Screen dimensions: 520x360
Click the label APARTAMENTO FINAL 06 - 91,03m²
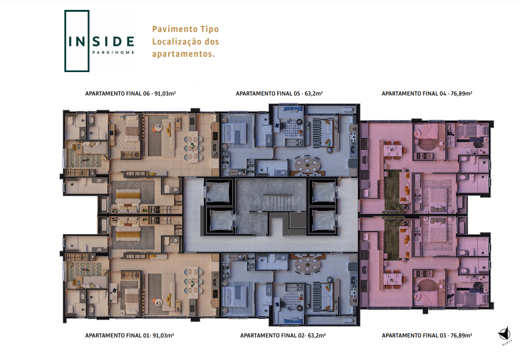point(130,94)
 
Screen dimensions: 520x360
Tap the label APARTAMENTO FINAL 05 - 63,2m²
point(279,94)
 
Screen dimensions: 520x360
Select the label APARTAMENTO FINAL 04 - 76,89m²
point(427,94)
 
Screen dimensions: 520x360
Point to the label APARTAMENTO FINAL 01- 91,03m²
point(130,336)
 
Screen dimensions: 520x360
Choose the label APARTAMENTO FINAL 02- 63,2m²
point(283,336)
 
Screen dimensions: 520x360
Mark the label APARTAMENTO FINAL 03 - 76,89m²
point(427,336)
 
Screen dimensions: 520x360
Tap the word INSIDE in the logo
point(101,41)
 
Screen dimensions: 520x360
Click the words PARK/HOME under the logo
point(113,52)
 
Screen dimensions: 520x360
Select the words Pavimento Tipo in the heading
point(185,29)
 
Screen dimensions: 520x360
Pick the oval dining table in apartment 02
point(307,264)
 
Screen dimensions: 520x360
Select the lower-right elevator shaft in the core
point(323,221)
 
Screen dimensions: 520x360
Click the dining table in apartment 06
point(193,147)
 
